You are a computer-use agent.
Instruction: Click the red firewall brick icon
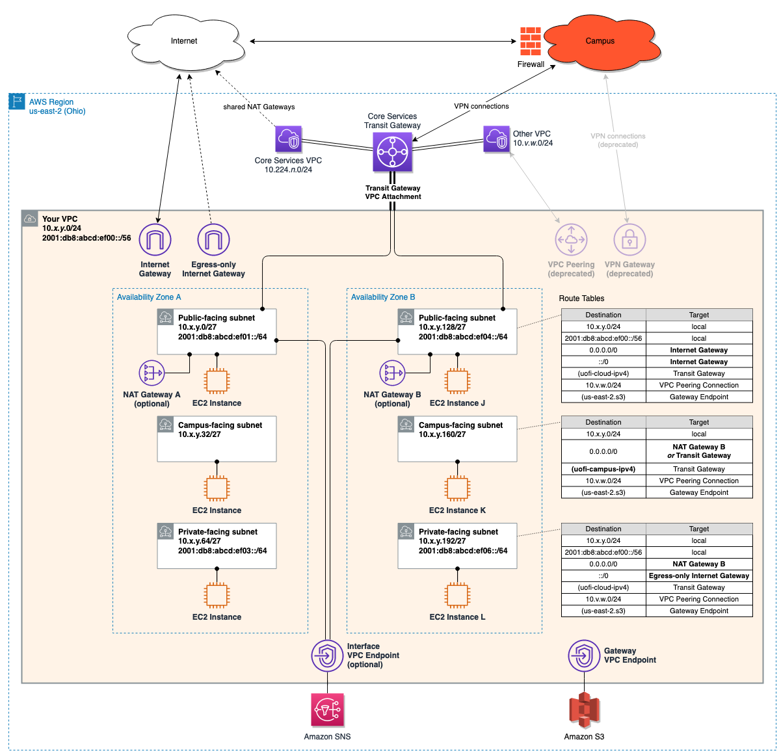[x=530, y=41]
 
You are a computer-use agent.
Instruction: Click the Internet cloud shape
[x=185, y=42]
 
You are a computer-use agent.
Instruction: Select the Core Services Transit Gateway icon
[x=392, y=152]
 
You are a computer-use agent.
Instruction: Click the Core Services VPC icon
[x=288, y=139]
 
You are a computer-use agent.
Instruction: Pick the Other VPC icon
[x=496, y=139]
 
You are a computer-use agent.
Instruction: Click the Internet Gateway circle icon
[x=155, y=239]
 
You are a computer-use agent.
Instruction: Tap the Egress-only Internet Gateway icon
[x=213, y=239]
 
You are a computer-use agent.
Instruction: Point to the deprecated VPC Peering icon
[x=571, y=239]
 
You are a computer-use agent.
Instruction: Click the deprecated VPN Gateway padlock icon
[x=629, y=239]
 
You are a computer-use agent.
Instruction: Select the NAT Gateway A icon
[x=152, y=373]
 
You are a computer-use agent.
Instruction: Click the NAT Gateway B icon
[x=392, y=373]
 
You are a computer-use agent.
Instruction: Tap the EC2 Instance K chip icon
[x=457, y=488]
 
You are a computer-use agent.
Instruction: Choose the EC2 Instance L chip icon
[x=457, y=595]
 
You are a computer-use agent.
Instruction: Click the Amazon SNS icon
[x=327, y=709]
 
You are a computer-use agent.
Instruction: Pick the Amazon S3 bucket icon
[x=584, y=709]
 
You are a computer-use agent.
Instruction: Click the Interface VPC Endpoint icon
[x=327, y=656]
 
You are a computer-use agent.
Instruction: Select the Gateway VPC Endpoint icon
[x=584, y=656]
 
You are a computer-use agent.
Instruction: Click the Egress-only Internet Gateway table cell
[x=698, y=576]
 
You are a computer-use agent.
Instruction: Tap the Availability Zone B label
[x=383, y=297]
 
